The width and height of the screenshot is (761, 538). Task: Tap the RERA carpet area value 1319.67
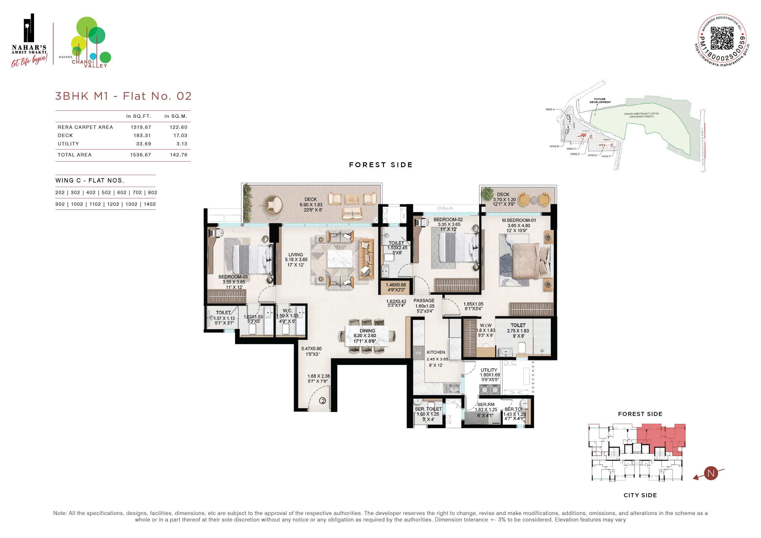point(141,127)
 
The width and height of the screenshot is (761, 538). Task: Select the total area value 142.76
point(179,155)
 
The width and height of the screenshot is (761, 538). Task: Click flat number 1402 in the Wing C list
point(149,204)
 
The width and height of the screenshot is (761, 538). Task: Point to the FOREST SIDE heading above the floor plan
point(381,165)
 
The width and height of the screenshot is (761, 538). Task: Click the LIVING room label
point(296,255)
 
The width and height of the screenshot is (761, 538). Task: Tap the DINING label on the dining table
point(367,331)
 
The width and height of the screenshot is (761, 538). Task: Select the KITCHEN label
point(435,352)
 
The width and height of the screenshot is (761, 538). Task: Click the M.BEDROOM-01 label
point(519,220)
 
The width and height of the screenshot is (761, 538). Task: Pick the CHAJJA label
point(444,208)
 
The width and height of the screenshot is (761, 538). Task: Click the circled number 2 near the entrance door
point(323,401)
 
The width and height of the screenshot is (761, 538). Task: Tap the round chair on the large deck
point(273,205)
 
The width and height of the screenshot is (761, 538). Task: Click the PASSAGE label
point(424,301)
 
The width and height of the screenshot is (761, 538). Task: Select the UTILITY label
point(489,370)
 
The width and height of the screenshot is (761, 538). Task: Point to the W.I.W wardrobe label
point(485,325)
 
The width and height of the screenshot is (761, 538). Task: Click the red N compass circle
point(711,473)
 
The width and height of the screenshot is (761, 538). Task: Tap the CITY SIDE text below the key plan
point(640,495)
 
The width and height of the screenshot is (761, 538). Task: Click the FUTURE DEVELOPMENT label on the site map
point(600,100)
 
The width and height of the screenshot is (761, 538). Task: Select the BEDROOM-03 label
point(233,277)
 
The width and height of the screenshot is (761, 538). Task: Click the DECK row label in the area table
point(65,136)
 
